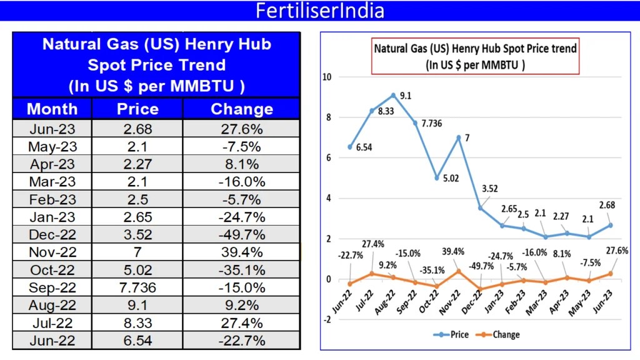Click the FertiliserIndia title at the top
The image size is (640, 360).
click(x=320, y=11)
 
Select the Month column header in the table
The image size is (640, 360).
click(x=52, y=109)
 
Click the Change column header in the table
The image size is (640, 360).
click(x=242, y=109)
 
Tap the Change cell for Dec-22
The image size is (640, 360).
click(x=242, y=236)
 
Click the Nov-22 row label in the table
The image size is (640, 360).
click(x=52, y=253)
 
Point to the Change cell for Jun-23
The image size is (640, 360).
click(x=242, y=129)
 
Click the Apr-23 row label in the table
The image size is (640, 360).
click(x=52, y=165)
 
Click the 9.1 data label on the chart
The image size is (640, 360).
click(x=405, y=96)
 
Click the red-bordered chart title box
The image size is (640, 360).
click(x=475, y=56)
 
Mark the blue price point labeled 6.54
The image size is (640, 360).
click(x=349, y=147)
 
